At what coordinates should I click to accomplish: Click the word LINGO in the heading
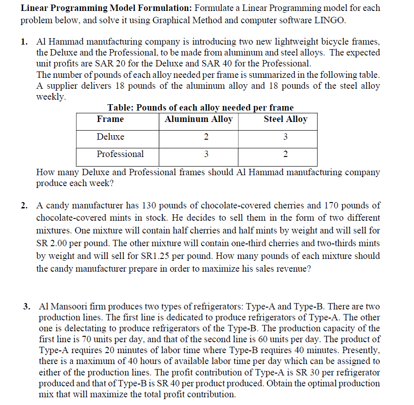click(x=330, y=20)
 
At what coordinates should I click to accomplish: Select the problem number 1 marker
click(x=24, y=42)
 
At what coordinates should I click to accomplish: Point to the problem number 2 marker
click(x=24, y=206)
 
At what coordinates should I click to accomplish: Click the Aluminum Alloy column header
click(x=198, y=119)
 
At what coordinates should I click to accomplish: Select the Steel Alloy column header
click(x=285, y=119)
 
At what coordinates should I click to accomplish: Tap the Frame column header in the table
click(x=110, y=119)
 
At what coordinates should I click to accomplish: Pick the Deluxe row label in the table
click(x=110, y=137)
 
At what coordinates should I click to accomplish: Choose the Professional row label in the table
click(x=120, y=154)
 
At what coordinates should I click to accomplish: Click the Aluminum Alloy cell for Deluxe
click(x=206, y=137)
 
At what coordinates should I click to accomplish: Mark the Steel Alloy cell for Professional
click(x=285, y=154)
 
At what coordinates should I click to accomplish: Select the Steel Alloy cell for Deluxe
click(x=285, y=137)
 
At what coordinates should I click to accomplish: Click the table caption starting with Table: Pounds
click(x=200, y=108)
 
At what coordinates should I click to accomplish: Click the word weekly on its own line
click(x=50, y=97)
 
